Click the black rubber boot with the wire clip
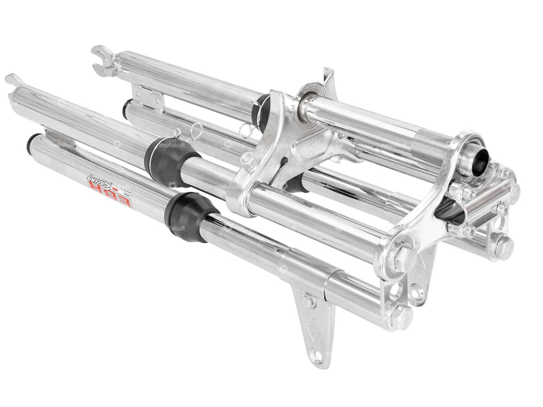click(162, 153)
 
